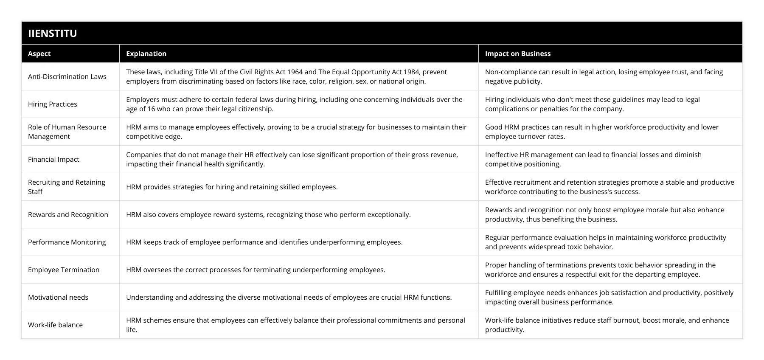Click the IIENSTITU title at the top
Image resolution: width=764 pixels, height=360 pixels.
[x=52, y=33]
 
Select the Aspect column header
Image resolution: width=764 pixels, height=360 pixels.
[x=39, y=53]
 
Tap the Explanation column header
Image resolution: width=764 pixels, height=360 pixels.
[x=146, y=53]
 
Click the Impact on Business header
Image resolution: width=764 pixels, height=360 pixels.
[x=517, y=53]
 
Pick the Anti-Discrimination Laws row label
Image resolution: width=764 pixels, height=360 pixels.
[x=67, y=76]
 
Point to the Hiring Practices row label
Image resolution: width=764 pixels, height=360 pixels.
[x=53, y=104]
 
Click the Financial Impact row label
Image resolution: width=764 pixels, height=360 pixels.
[x=53, y=159]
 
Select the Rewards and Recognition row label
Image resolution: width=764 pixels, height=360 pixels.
[x=68, y=214]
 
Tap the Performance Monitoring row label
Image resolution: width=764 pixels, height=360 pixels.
[x=67, y=242]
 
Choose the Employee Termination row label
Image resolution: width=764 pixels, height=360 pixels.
[x=64, y=270]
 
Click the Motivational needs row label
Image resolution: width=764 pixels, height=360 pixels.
[x=58, y=297]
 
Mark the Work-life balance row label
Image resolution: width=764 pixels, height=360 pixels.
[x=55, y=325]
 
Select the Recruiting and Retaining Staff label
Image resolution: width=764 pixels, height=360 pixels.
[x=67, y=187]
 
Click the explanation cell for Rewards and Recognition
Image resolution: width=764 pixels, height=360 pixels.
[x=268, y=214]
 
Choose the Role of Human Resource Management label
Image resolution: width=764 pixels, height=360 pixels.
[x=67, y=132]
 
